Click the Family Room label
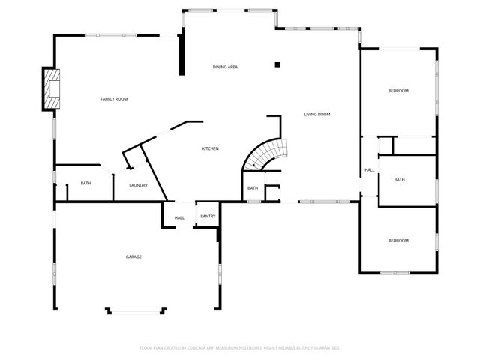[114, 99]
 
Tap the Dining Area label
[225, 67]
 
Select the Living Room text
[317, 115]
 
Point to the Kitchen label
[210, 149]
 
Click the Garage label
[133, 257]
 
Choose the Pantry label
[208, 217]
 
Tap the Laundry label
[138, 185]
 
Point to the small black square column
[277, 64]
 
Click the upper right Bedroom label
[398, 91]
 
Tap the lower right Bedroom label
[398, 240]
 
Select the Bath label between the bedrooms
[400, 180]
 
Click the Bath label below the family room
[85, 184]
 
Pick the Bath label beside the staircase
[253, 188]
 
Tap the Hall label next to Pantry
[180, 218]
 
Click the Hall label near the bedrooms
[370, 170]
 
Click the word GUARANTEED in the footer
[325, 348]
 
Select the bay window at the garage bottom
[135, 309]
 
